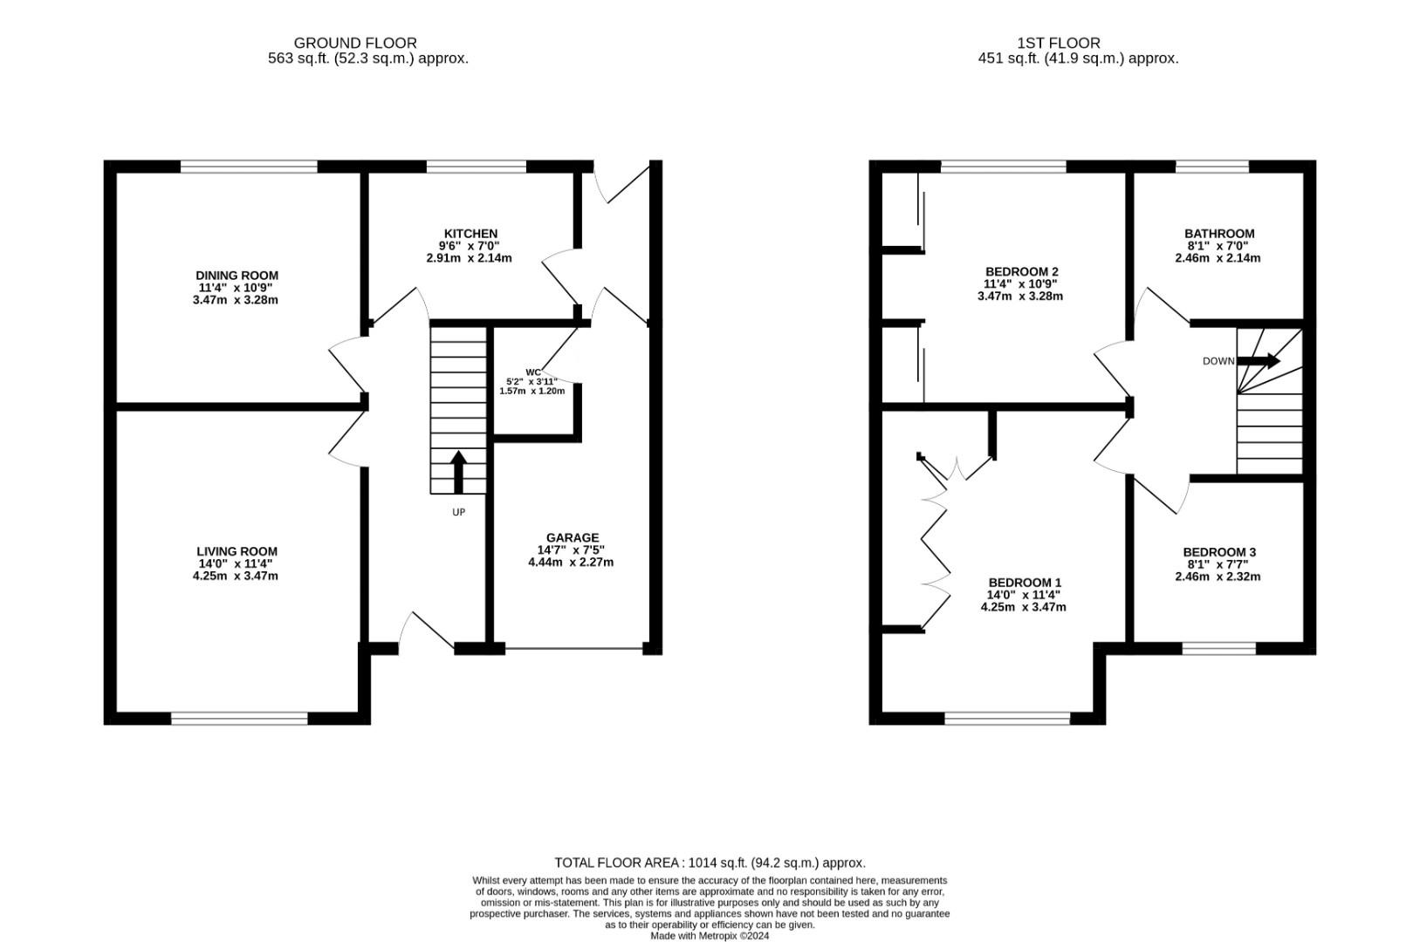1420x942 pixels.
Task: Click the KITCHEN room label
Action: click(x=470, y=234)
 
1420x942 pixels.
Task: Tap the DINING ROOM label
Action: click(x=237, y=276)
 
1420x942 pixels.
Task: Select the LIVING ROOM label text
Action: click(x=237, y=552)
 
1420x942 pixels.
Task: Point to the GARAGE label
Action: click(x=572, y=538)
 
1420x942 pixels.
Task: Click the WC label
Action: click(x=533, y=372)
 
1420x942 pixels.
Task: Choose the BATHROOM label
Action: click(x=1219, y=234)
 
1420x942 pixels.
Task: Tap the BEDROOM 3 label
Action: click(x=1219, y=552)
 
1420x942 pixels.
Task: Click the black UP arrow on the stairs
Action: click(x=458, y=472)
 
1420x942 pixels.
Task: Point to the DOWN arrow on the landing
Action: click(x=1259, y=361)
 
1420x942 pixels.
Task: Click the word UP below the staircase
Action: click(x=458, y=513)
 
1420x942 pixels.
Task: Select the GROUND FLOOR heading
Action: click(x=355, y=43)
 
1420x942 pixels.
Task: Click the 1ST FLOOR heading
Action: click(x=1059, y=43)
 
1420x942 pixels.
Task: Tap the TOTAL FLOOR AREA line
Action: click(x=710, y=863)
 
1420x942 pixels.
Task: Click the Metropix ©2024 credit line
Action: click(x=710, y=936)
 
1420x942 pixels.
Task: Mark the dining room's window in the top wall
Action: click(x=249, y=167)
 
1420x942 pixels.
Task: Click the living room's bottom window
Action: click(x=239, y=719)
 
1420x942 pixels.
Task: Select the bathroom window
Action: click(x=1212, y=167)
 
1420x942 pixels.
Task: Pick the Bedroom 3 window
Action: click(x=1218, y=648)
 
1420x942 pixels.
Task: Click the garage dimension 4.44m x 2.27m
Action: click(x=571, y=563)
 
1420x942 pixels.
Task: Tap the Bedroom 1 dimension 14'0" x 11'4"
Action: click(x=1023, y=595)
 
